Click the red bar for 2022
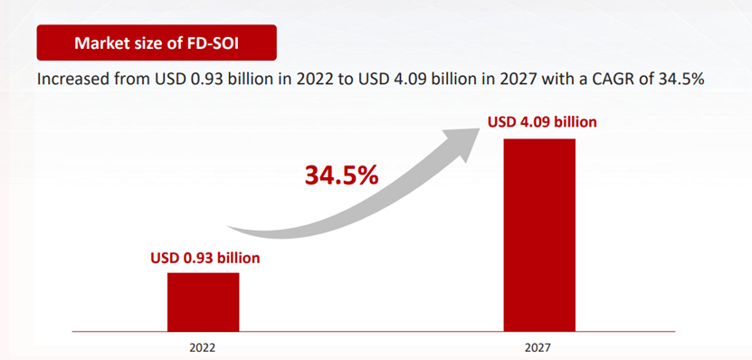(203, 301)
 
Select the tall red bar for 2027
(539, 235)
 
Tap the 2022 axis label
(203, 347)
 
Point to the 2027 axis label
(538, 347)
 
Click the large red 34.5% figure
(341, 175)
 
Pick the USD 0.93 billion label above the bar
(205, 258)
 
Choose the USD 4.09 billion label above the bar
(542, 122)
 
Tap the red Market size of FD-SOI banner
(157, 43)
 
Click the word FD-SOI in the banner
(213, 43)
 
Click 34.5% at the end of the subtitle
(681, 79)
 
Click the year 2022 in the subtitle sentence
(313, 79)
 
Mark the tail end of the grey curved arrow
(228, 227)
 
